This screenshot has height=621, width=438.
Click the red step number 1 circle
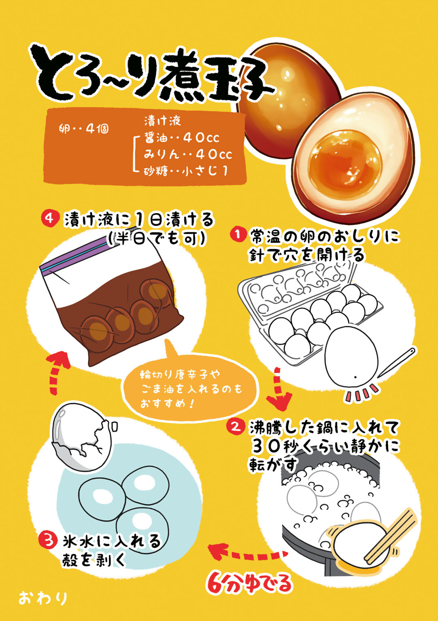(x=238, y=234)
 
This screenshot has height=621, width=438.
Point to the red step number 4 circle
(x=50, y=218)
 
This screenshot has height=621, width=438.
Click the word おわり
(x=43, y=598)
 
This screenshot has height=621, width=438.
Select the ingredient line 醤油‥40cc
(x=182, y=138)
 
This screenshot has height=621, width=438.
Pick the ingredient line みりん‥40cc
(x=188, y=154)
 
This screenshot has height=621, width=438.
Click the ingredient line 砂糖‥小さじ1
(x=186, y=171)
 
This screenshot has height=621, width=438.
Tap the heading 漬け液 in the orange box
(x=163, y=121)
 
